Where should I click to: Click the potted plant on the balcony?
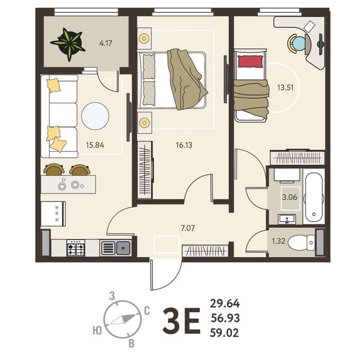(x=68, y=44)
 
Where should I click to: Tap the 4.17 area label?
(x=105, y=43)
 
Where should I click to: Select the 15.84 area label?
(x=95, y=145)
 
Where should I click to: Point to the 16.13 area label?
(x=184, y=145)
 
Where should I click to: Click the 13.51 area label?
(x=285, y=87)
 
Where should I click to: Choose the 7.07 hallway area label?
(x=188, y=228)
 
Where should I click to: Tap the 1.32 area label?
(x=279, y=241)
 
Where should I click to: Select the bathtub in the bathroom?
(x=314, y=196)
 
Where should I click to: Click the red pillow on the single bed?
(x=250, y=62)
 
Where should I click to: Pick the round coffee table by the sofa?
(x=95, y=116)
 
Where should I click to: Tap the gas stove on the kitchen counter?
(x=76, y=248)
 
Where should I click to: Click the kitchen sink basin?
(x=123, y=248)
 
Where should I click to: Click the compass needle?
(x=122, y=319)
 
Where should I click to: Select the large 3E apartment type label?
(x=182, y=321)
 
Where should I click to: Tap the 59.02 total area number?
(x=224, y=333)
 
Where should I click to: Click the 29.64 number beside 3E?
(x=225, y=303)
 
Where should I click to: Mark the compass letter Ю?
(x=97, y=331)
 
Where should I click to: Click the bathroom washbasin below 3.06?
(x=287, y=219)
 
